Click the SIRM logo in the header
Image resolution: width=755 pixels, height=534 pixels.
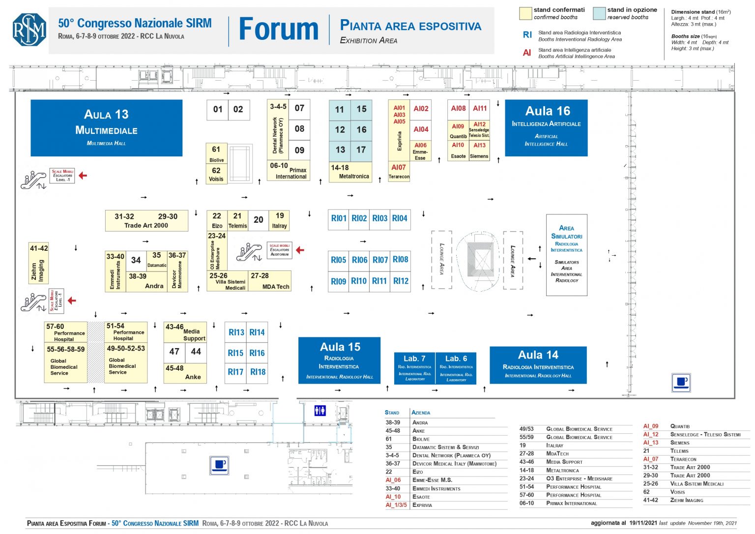pos(29,29)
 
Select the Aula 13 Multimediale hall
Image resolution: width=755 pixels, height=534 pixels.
pos(106,128)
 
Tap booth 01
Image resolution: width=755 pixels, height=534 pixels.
pos(218,110)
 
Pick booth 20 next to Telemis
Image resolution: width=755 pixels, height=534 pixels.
pos(259,220)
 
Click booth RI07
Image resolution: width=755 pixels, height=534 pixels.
pos(380,260)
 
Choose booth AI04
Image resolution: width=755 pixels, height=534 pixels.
pos(421,129)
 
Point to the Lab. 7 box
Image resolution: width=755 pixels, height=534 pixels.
pos(414,368)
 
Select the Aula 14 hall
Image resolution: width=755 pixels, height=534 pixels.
pos(538,364)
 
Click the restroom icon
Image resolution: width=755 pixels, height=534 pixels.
pos(320,410)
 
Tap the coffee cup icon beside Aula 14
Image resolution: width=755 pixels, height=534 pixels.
pos(681,383)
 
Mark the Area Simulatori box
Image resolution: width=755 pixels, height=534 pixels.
pos(566,254)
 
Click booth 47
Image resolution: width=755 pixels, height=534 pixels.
pos(174,352)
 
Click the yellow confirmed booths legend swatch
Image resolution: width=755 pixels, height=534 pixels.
pos(525,13)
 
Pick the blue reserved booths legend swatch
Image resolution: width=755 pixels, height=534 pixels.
pos(599,13)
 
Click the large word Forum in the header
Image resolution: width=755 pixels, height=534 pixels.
pos(279,29)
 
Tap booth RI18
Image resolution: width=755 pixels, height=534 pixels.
pos(258,372)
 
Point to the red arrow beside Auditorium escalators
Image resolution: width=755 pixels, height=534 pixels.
pos(300,250)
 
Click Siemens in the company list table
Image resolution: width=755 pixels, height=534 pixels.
pos(680,443)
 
